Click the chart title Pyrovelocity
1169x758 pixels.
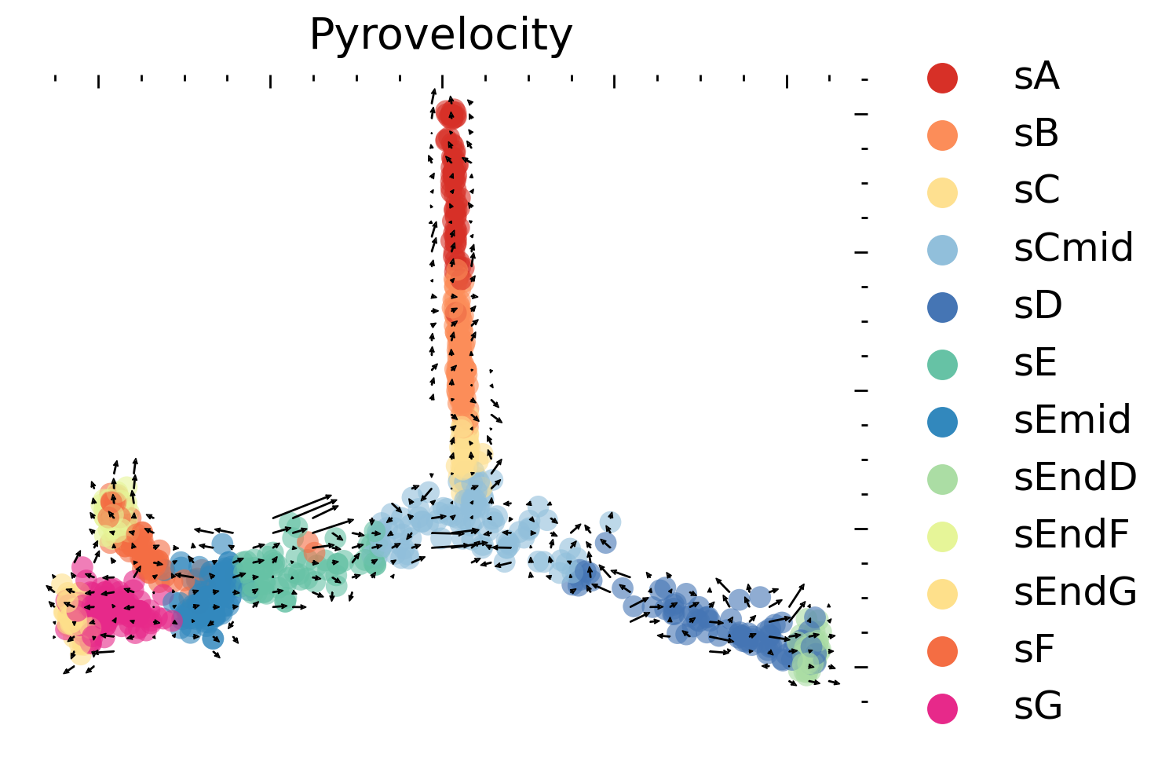[440, 35]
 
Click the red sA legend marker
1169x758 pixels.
[942, 77]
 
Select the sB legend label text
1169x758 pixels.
[1036, 134]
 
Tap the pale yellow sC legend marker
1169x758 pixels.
[942, 192]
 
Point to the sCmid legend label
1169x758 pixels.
[1073, 248]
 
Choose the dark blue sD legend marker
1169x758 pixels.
[942, 306]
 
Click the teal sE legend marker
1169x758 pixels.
[942, 364]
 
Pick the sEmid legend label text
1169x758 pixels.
[1072, 420]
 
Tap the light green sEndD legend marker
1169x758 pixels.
[942, 478]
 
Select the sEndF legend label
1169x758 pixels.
[1071, 535]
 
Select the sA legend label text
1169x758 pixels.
[1036, 77]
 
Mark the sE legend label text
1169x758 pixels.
[1036, 364]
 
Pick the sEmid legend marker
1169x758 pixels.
[942, 421]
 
